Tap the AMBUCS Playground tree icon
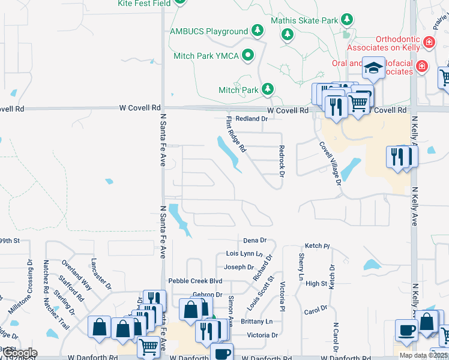pyautogui.click(x=258, y=31)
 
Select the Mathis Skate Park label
pyautogui.click(x=304, y=20)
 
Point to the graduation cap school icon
pyautogui.click(x=373, y=68)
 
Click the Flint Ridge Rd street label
pyautogui.click(x=236, y=134)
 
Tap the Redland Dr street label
pyautogui.click(x=251, y=119)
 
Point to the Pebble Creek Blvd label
pyautogui.click(x=195, y=280)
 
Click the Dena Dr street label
pyautogui.click(x=255, y=241)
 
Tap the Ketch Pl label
pyautogui.click(x=317, y=246)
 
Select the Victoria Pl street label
pyautogui.click(x=281, y=297)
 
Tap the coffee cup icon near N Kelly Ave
pyautogui.click(x=406, y=329)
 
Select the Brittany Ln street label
pyautogui.click(x=257, y=322)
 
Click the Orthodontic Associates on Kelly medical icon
pyautogui.click(x=429, y=42)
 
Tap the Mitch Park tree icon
pyautogui.click(x=267, y=90)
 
